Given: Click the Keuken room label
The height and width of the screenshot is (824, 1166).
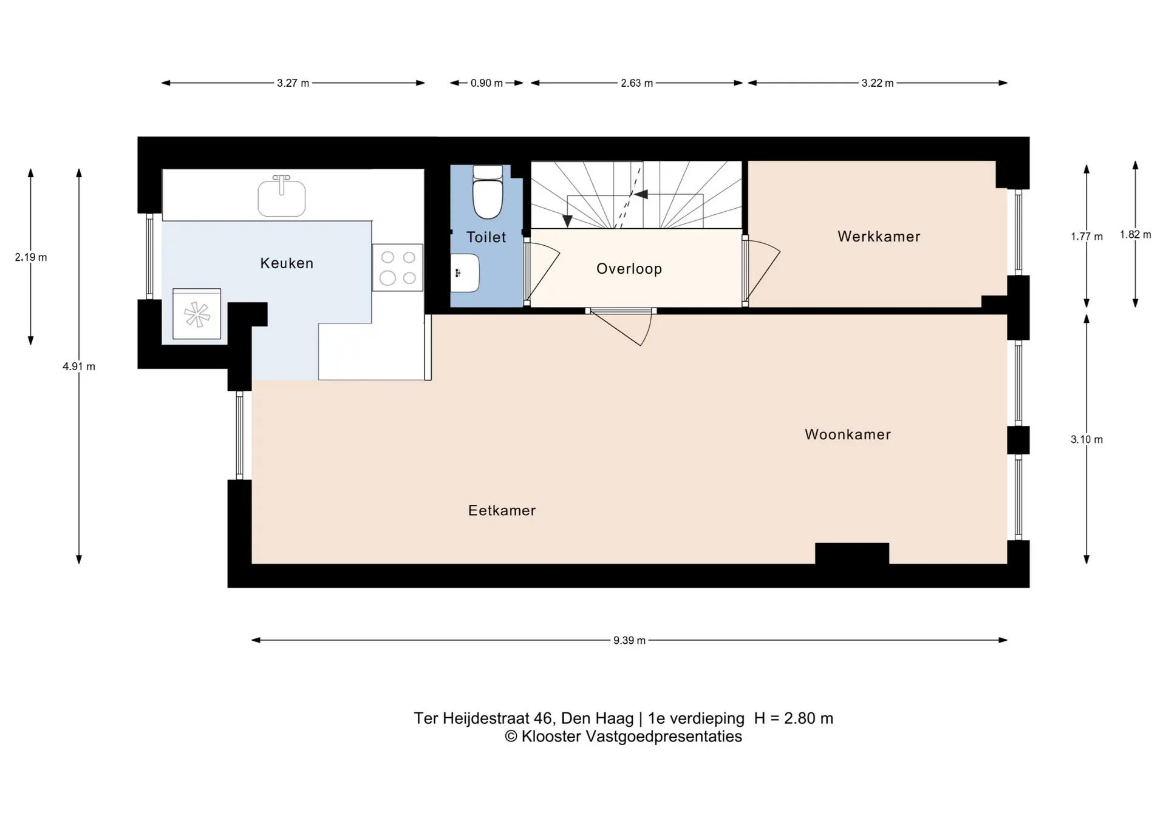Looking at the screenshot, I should pyautogui.click(x=287, y=263).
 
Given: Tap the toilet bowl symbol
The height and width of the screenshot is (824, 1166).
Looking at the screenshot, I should pyautogui.click(x=488, y=193).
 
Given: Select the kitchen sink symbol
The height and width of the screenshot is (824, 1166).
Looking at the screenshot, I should pyautogui.click(x=281, y=197).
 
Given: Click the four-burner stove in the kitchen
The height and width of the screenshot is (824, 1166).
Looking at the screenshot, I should pyautogui.click(x=398, y=268).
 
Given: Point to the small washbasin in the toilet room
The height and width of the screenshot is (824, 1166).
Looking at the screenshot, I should pyautogui.click(x=465, y=273).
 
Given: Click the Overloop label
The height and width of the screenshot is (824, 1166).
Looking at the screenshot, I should pyautogui.click(x=629, y=269).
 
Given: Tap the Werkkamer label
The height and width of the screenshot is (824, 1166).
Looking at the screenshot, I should pyautogui.click(x=879, y=237).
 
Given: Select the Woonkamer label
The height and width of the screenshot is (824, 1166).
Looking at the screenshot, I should pyautogui.click(x=848, y=434).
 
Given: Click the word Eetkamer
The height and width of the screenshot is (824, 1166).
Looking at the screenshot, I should pyautogui.click(x=502, y=511).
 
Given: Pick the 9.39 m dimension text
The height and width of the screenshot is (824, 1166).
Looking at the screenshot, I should pyautogui.click(x=629, y=640).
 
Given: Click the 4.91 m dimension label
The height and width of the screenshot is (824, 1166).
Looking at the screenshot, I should pyautogui.click(x=79, y=366).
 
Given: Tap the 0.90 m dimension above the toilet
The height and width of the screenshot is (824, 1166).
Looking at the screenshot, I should pyautogui.click(x=486, y=83).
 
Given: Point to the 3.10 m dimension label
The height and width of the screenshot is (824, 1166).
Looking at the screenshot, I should pyautogui.click(x=1086, y=439).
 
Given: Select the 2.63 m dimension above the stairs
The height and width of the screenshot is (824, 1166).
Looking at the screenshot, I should pyautogui.click(x=636, y=83).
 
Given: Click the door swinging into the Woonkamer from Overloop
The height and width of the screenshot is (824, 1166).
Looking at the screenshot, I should pyautogui.click(x=626, y=328).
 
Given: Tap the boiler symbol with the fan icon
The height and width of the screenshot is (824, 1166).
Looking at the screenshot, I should pyautogui.click(x=197, y=314).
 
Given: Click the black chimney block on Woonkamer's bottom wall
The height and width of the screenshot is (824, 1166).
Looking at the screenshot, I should pyautogui.click(x=851, y=553).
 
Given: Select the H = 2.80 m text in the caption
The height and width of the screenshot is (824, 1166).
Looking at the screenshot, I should pyautogui.click(x=793, y=718).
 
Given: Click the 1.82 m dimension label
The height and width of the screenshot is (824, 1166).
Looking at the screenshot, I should pyautogui.click(x=1135, y=235).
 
